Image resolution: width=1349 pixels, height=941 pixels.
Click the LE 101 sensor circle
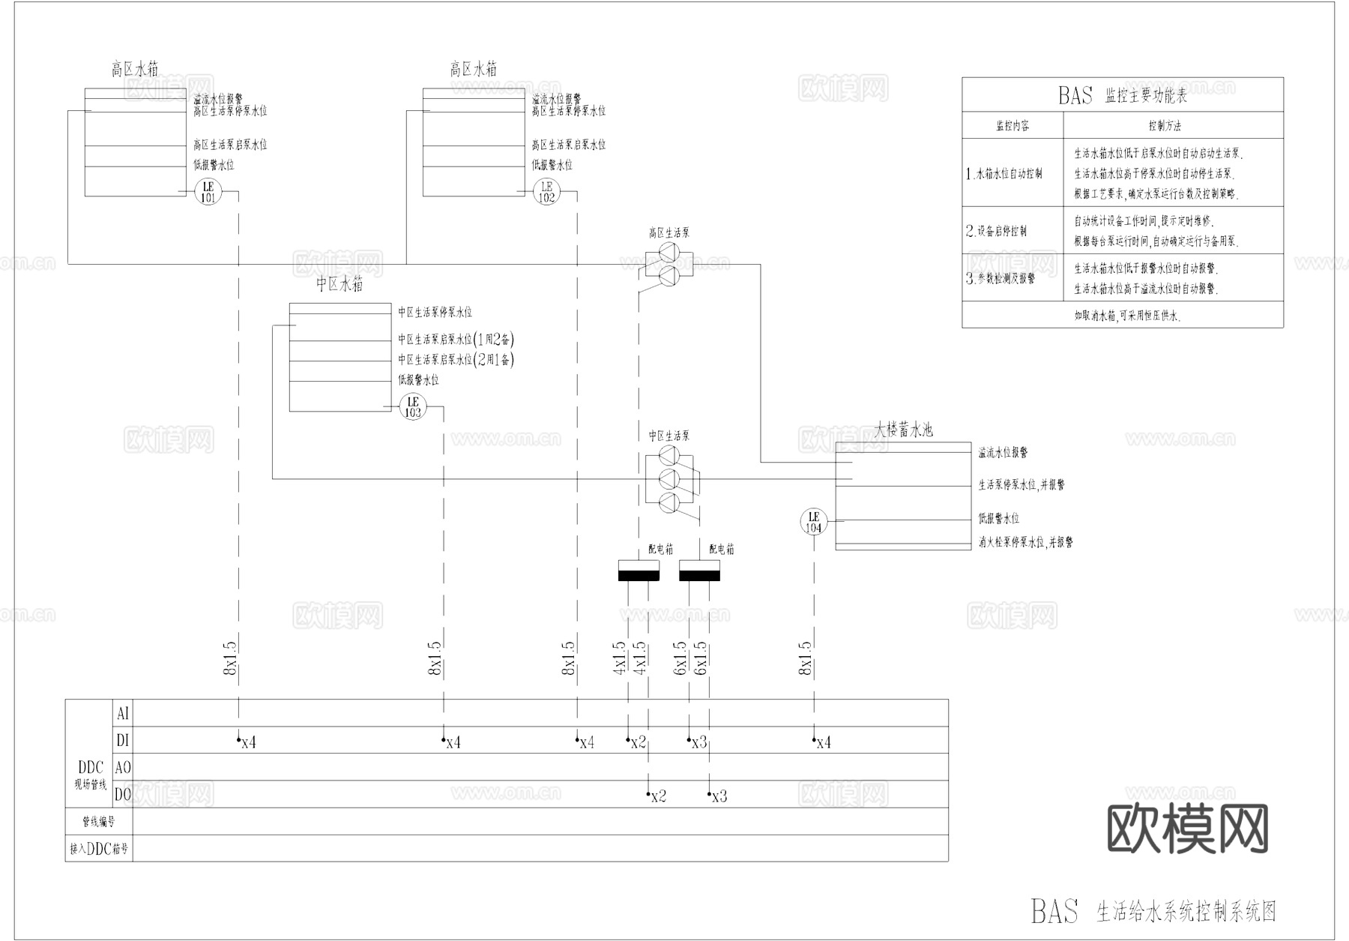tap(208, 192)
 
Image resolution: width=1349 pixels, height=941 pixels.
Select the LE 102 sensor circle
tap(546, 192)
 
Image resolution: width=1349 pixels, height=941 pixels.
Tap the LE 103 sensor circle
tap(413, 406)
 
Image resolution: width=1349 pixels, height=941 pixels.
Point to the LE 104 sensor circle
tap(814, 521)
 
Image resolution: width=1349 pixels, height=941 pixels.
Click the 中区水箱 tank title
tap(339, 285)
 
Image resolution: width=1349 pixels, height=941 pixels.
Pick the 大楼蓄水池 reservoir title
tap(904, 430)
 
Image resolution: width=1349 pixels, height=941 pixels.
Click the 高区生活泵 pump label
tap(669, 233)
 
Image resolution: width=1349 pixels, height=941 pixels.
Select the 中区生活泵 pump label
tap(669, 436)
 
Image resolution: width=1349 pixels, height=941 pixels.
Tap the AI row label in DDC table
tap(123, 713)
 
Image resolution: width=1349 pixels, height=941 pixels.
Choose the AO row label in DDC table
tap(123, 768)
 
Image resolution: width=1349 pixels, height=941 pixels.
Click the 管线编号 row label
tap(99, 822)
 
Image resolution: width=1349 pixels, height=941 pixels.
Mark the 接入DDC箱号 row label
tap(99, 849)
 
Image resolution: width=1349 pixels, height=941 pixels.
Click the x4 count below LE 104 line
tap(823, 742)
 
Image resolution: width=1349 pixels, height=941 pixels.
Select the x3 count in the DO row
tap(719, 796)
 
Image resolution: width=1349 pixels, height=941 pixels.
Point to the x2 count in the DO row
tap(658, 796)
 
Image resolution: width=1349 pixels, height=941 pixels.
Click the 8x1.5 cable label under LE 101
tap(229, 658)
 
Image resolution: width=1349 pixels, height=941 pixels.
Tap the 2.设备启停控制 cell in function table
tap(996, 231)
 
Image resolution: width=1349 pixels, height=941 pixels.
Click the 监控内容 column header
tap(1012, 126)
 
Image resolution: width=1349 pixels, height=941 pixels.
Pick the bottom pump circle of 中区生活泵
tap(669, 502)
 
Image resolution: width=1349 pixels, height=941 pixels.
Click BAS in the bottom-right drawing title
tap(1054, 910)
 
